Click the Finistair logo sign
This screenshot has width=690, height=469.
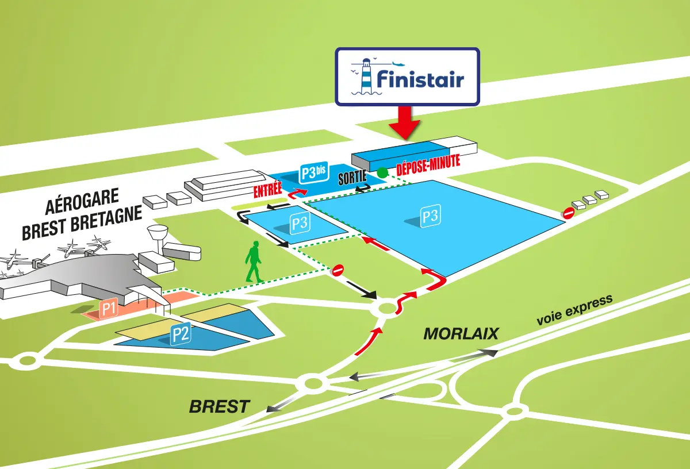(407, 76)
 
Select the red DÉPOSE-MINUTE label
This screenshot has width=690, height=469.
(428, 163)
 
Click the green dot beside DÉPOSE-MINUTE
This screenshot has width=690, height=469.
(382, 172)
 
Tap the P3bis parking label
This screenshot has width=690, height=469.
(313, 172)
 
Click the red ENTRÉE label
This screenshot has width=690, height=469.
(268, 189)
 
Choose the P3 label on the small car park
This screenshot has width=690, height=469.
(299, 224)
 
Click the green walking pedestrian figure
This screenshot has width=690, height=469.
(254, 263)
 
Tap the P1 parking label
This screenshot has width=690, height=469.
(109, 309)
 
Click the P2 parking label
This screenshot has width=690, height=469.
(181, 334)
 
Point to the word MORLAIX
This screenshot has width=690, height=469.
(461, 334)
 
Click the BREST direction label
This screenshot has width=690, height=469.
(220, 407)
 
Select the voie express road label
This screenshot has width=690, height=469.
(574, 311)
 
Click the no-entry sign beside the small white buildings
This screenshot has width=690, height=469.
(568, 213)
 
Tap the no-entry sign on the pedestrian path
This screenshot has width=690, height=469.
(338, 270)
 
